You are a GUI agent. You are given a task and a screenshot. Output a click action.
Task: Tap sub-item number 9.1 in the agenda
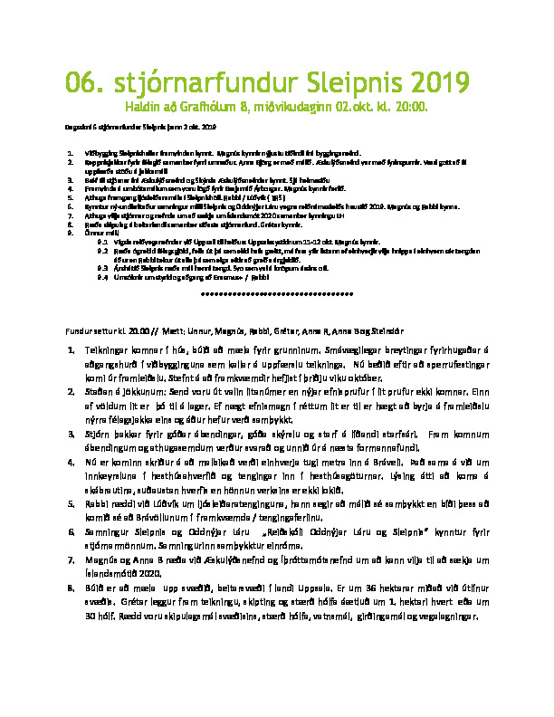pos(103,244)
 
